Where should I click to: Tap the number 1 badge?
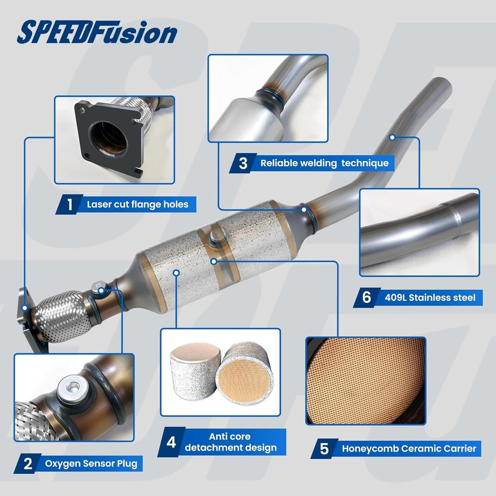tap(69, 205)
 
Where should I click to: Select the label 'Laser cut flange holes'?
tap(137, 205)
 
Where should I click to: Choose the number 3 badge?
tap(243, 163)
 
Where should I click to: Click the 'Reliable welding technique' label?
tap(325, 163)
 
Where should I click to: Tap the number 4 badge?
tap(171, 442)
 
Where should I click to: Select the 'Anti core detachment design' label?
tap(231, 442)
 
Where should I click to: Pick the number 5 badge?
tap(324, 449)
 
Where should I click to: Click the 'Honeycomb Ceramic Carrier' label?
tap(409, 449)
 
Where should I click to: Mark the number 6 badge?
tap(367, 298)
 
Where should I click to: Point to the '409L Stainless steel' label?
tap(430, 298)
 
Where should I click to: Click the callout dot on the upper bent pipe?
tap(392, 137)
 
